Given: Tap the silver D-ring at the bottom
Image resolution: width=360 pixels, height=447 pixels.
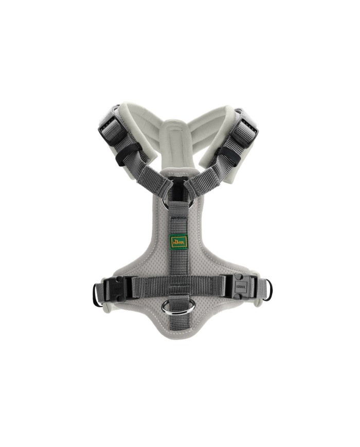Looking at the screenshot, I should tap(172, 307).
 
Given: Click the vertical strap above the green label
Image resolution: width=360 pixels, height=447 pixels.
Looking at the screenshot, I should tap(179, 216).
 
